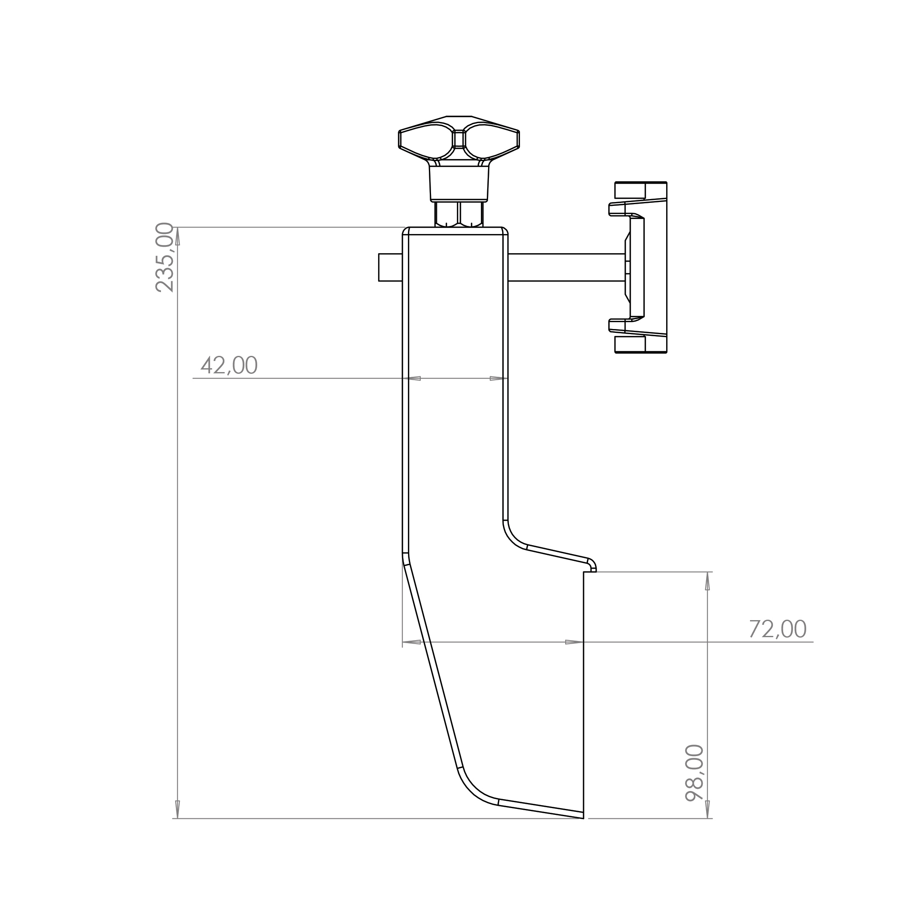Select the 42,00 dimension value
pyautogui.click(x=229, y=365)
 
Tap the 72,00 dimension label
pyautogui.click(x=778, y=629)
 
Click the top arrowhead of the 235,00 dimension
pyautogui.click(x=177, y=236)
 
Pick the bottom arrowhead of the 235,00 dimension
pyautogui.click(x=177, y=809)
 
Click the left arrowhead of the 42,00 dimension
pyautogui.click(x=411, y=378)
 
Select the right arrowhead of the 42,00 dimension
pyautogui.click(x=499, y=378)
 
